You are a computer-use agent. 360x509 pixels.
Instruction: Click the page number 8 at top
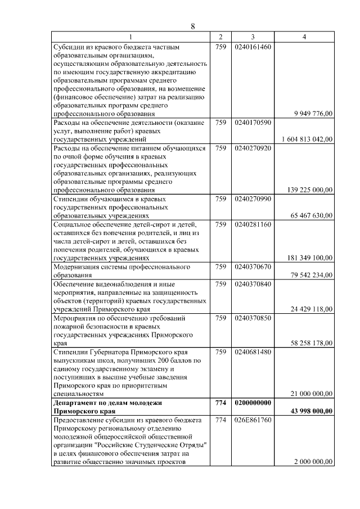[192, 26]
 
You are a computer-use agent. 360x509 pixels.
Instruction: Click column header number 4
[304, 37]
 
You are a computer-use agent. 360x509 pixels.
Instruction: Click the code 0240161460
[254, 46]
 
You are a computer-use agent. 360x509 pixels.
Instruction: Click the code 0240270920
[254, 148]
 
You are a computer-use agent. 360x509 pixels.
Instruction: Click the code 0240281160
[254, 224]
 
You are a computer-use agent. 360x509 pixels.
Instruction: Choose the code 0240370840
[254, 284]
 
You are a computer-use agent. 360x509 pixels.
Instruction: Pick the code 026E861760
[254, 420]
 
